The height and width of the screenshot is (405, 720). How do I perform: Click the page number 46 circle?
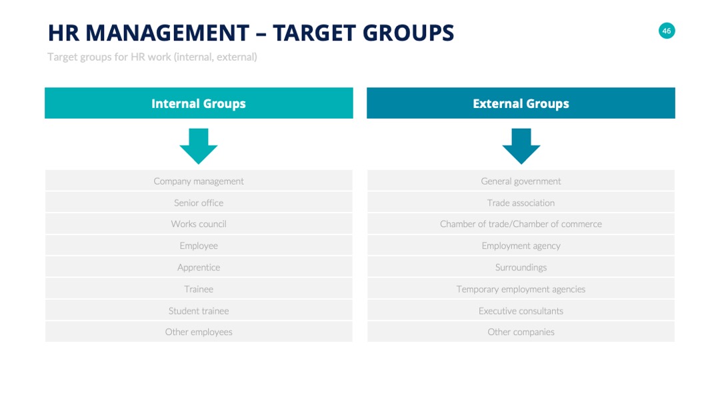[x=666, y=31]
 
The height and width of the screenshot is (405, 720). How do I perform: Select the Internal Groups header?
[x=199, y=103]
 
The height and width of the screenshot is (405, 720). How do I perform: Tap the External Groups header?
[x=521, y=103]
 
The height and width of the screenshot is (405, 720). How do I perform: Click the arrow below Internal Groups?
[x=199, y=147]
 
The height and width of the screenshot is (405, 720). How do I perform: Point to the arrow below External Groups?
[x=521, y=147]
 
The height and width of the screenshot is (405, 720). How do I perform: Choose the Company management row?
[x=199, y=181]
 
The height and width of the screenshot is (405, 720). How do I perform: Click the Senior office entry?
[x=199, y=202]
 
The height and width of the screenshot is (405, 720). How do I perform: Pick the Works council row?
[x=199, y=224]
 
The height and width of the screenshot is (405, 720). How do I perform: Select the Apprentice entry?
[x=199, y=267]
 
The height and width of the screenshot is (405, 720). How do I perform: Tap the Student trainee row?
[x=199, y=310]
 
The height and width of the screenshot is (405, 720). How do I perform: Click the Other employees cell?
[x=199, y=332]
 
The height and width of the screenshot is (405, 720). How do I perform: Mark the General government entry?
[x=521, y=181]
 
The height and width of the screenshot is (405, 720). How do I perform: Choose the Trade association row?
[x=521, y=202]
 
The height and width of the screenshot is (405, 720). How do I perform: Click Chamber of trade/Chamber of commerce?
[x=521, y=224]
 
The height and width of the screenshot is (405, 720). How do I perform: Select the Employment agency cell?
[x=521, y=245]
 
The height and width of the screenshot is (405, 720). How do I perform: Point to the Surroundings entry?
[x=521, y=267]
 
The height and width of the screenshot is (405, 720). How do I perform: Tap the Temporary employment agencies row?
[x=521, y=289]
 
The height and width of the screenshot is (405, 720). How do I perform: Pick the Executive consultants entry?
[x=521, y=310]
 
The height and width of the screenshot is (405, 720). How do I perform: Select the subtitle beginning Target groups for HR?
[x=152, y=57]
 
